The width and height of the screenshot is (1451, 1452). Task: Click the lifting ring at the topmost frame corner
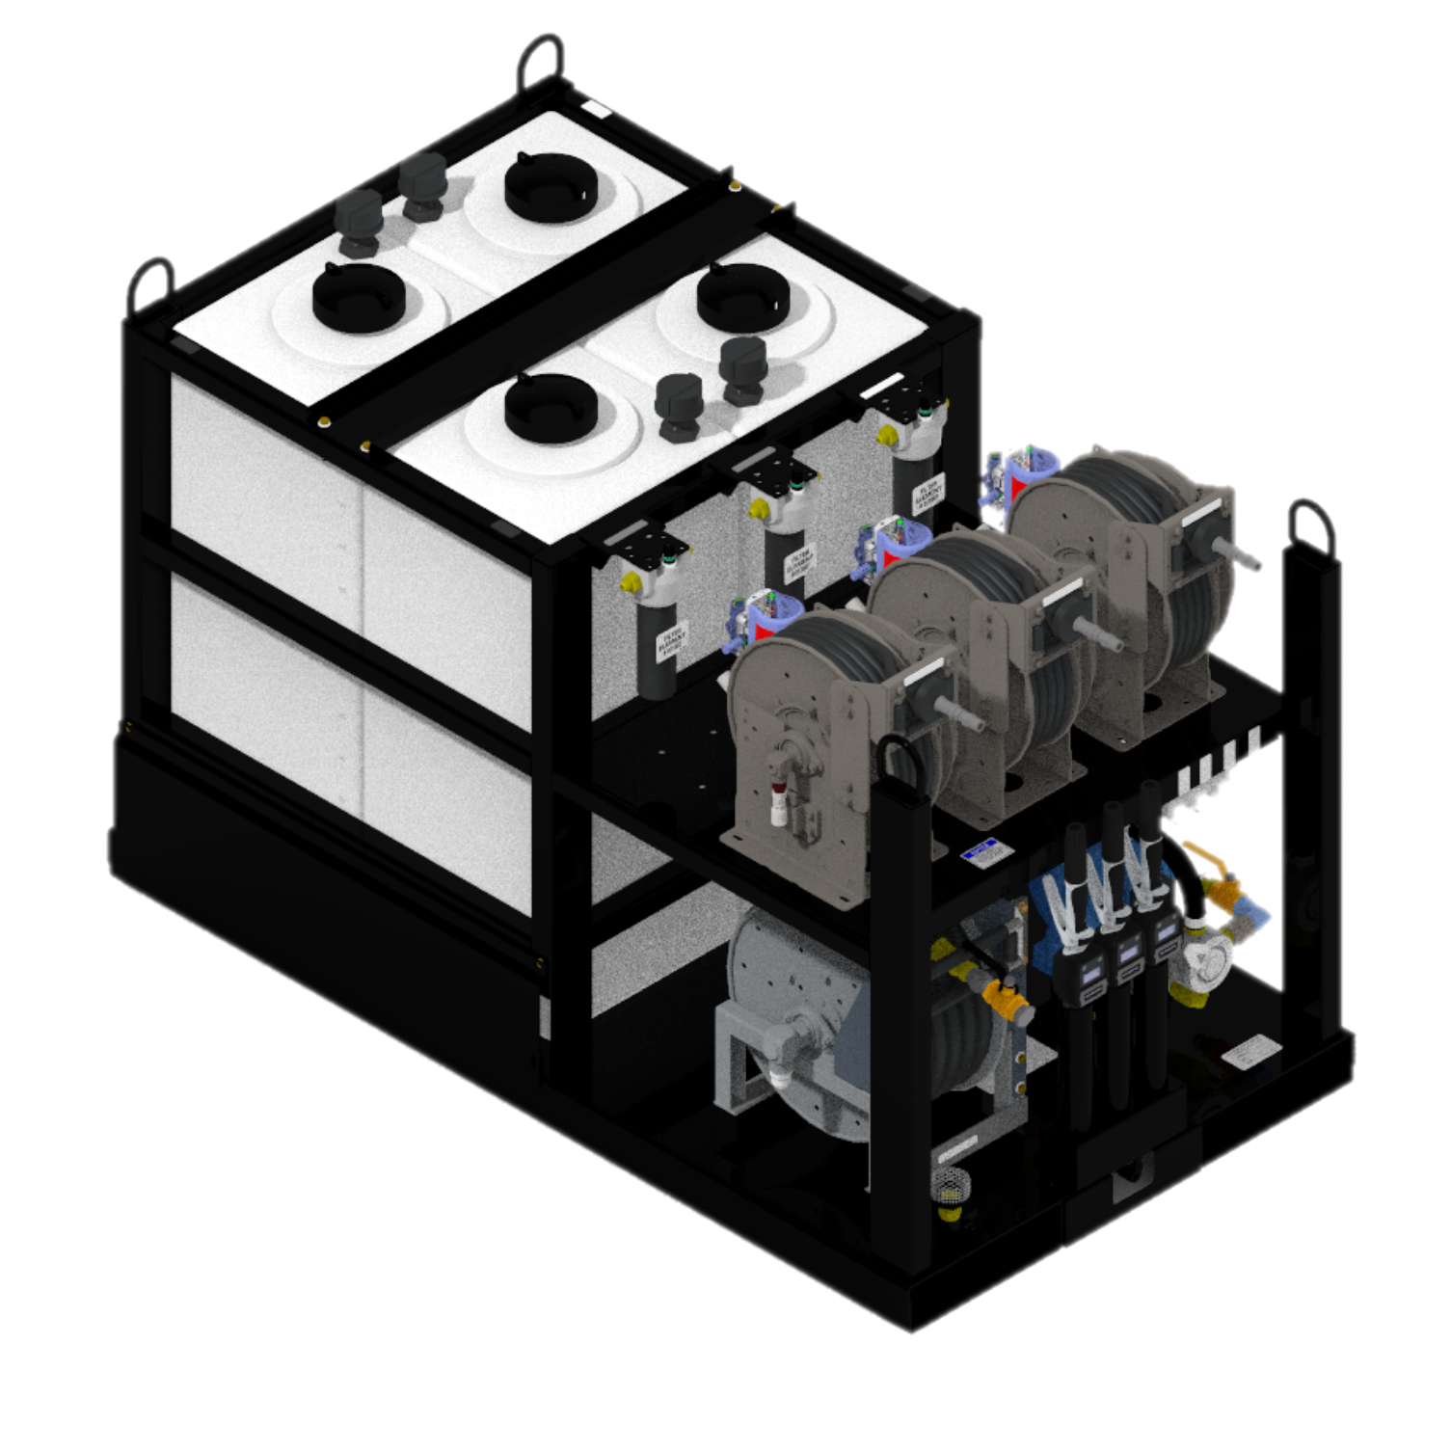coord(542,63)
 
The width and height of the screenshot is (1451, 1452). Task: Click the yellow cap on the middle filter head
coord(760,507)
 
